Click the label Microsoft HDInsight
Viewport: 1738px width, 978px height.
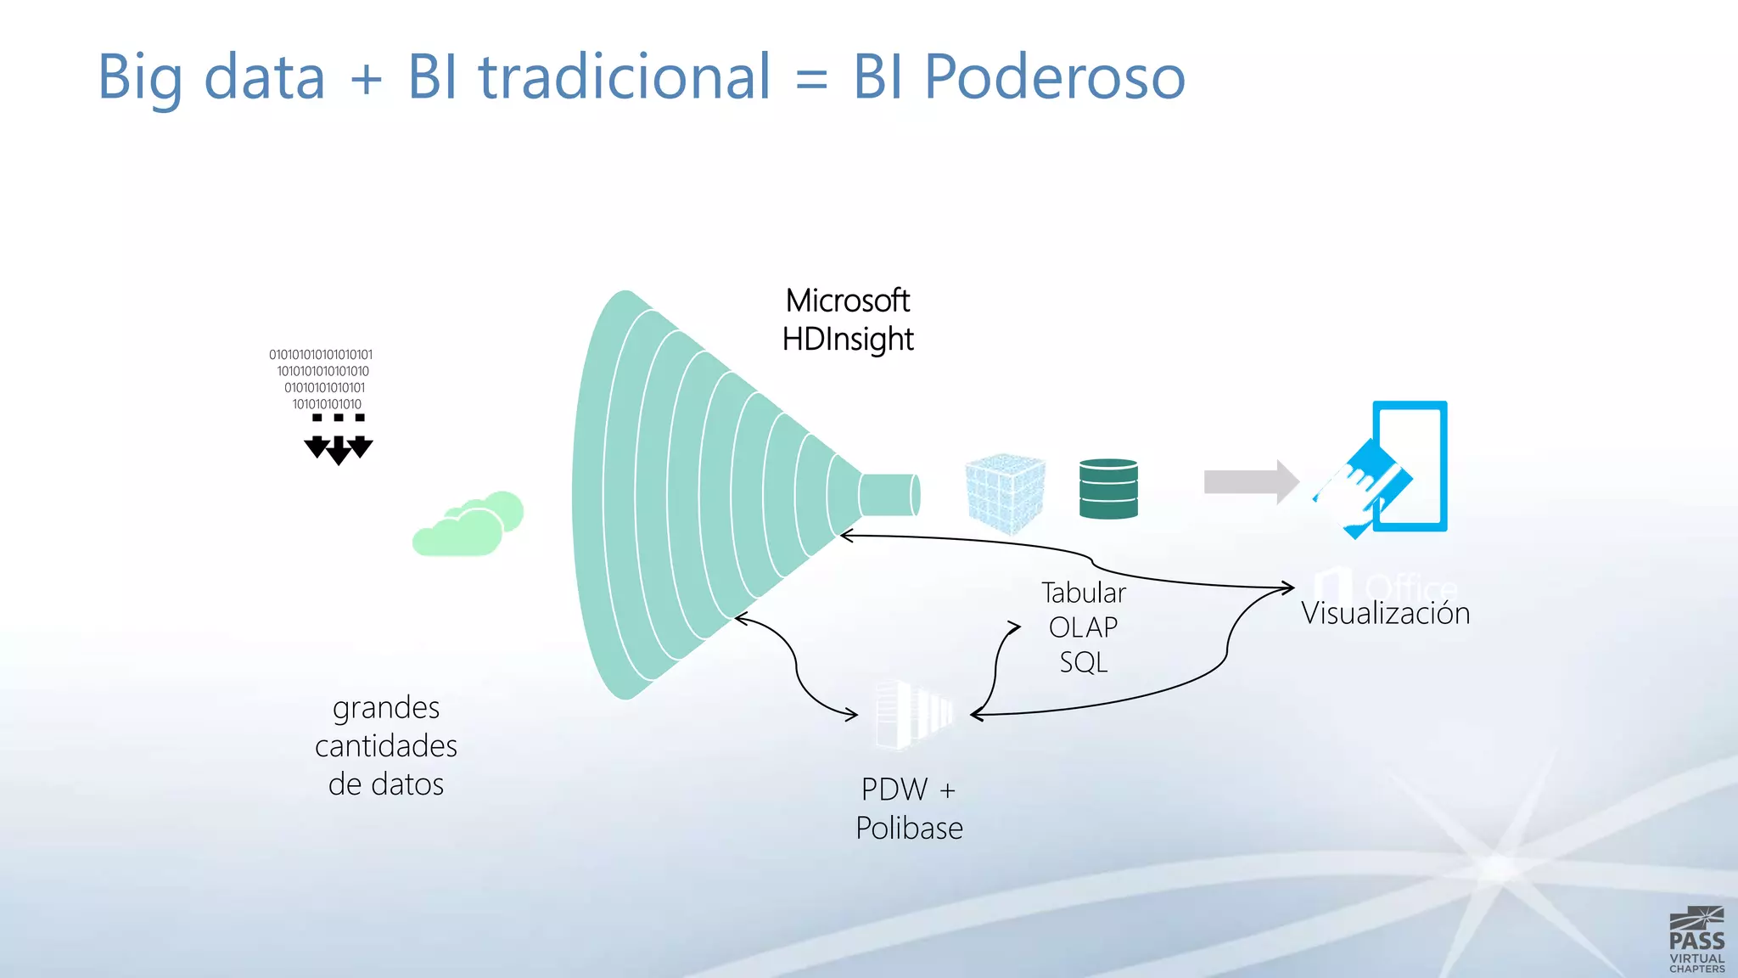pos(847,320)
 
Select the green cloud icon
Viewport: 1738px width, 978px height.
pos(467,525)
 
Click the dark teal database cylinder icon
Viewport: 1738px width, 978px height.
pos(1108,488)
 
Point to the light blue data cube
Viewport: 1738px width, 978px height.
pos(1005,493)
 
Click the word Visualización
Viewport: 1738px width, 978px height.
pos(1385,613)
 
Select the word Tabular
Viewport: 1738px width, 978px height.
pos(1084,593)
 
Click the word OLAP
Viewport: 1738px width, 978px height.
pos(1083,627)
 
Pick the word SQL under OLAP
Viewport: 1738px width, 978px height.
pos(1084,662)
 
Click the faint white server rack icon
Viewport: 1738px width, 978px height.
pos(913,714)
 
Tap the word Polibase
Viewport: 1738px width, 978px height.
pos(909,828)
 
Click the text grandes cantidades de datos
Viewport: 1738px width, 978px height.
pos(386,745)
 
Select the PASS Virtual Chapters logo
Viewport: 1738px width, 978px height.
pos(1696,940)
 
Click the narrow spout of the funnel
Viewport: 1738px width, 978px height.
pos(889,495)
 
